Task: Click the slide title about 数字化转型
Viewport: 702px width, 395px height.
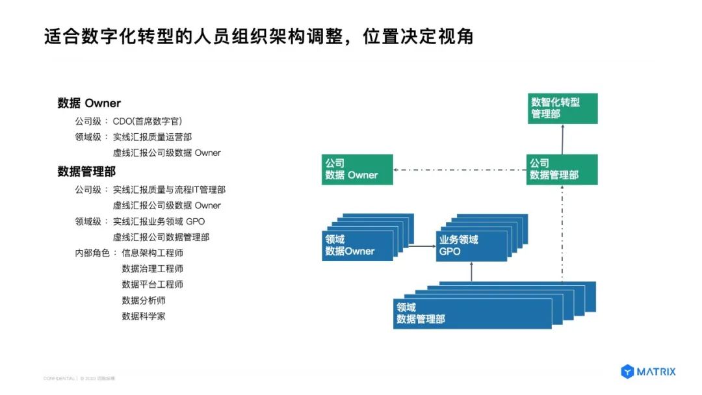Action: [x=258, y=36]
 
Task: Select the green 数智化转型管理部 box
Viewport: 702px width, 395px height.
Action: [x=562, y=108]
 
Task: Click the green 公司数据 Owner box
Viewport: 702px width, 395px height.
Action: [x=357, y=170]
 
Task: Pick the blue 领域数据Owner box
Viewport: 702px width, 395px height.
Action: [x=357, y=245]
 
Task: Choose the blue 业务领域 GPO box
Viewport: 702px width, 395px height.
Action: [x=471, y=246]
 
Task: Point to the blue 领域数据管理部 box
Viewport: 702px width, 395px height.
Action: [x=472, y=313]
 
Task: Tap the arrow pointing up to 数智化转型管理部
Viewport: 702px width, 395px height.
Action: [x=562, y=139]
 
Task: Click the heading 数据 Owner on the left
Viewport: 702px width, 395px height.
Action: [x=89, y=103]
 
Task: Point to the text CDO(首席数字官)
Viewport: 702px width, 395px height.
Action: [x=148, y=121]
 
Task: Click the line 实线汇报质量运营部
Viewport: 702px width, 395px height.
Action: [x=152, y=137]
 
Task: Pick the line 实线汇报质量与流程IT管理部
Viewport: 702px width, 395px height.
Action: [x=169, y=190]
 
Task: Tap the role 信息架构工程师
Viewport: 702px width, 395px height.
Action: [x=153, y=253]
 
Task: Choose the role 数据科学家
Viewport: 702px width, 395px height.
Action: [x=144, y=316]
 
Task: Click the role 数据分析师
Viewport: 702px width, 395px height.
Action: [x=144, y=300]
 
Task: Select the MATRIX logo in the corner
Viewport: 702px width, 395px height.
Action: [x=648, y=372]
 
